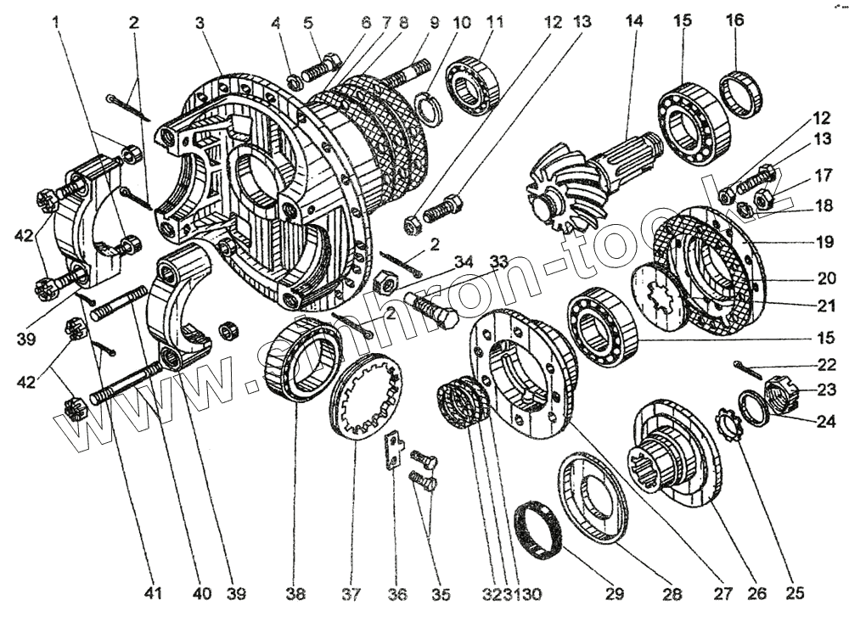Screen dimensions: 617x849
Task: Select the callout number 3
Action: pos(200,22)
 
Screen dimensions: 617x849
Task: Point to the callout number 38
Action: pos(295,592)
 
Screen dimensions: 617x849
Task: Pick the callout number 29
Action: pos(614,592)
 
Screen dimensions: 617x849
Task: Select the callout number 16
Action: pos(734,20)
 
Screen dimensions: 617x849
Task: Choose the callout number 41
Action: pos(152,592)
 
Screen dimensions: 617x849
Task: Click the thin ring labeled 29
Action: pos(535,528)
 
